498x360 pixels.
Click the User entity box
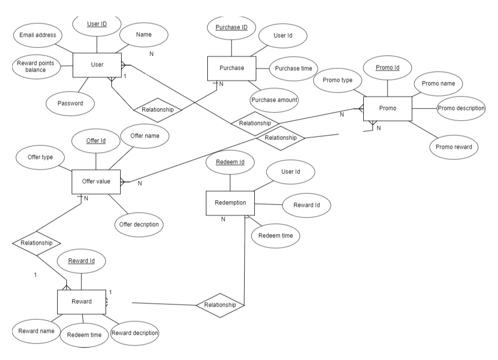click(x=97, y=65)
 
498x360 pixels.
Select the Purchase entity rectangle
click(x=232, y=68)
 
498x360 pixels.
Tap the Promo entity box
click(x=388, y=109)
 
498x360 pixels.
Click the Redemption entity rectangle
click(x=230, y=203)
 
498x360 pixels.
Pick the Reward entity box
click(x=81, y=301)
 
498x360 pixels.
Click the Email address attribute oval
click(x=38, y=35)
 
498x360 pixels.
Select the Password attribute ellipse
click(x=70, y=103)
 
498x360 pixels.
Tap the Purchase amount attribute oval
click(x=274, y=100)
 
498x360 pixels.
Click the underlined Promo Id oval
click(x=387, y=68)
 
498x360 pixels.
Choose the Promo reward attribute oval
click(x=453, y=147)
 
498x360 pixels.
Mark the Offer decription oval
click(x=139, y=225)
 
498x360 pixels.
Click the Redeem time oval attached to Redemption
click(x=276, y=235)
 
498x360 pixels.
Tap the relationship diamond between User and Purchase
click(x=157, y=110)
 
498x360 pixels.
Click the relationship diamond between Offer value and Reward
click(x=37, y=243)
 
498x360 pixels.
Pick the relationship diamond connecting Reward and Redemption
click(x=219, y=305)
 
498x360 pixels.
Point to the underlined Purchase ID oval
click(x=232, y=28)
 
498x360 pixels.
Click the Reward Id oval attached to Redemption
click(x=307, y=205)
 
